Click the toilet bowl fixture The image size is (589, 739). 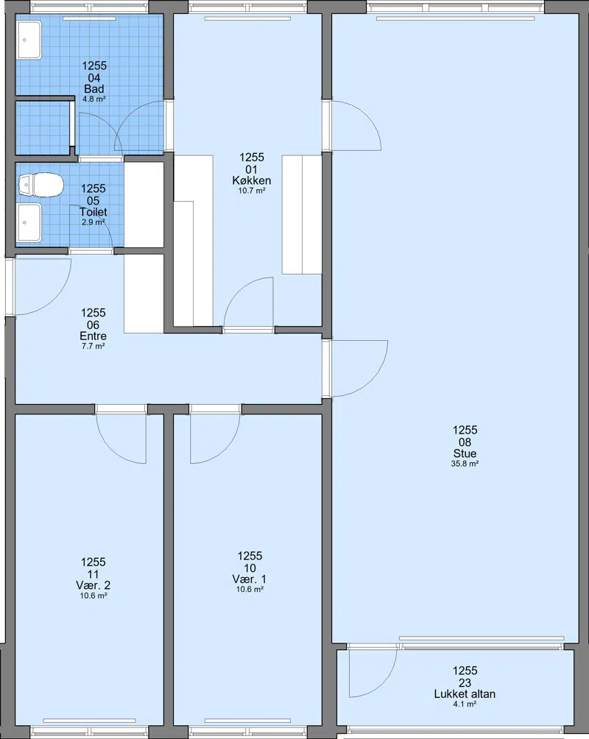(41, 185)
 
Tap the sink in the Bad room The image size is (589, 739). (29, 40)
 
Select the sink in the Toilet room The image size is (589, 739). (29, 222)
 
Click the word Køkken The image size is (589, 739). (251, 180)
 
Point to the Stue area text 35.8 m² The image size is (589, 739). (465, 464)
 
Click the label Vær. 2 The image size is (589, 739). (93, 585)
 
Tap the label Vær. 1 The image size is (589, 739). (250, 579)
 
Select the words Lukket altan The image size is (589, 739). (465, 694)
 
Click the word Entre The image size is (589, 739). (93, 336)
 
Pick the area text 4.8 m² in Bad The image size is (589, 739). (94, 99)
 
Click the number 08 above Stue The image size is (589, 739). (465, 442)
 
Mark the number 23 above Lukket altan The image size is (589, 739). (465, 682)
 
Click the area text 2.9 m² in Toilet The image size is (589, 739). (93, 222)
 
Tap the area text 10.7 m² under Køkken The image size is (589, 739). (251, 191)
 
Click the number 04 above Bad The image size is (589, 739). (94, 78)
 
